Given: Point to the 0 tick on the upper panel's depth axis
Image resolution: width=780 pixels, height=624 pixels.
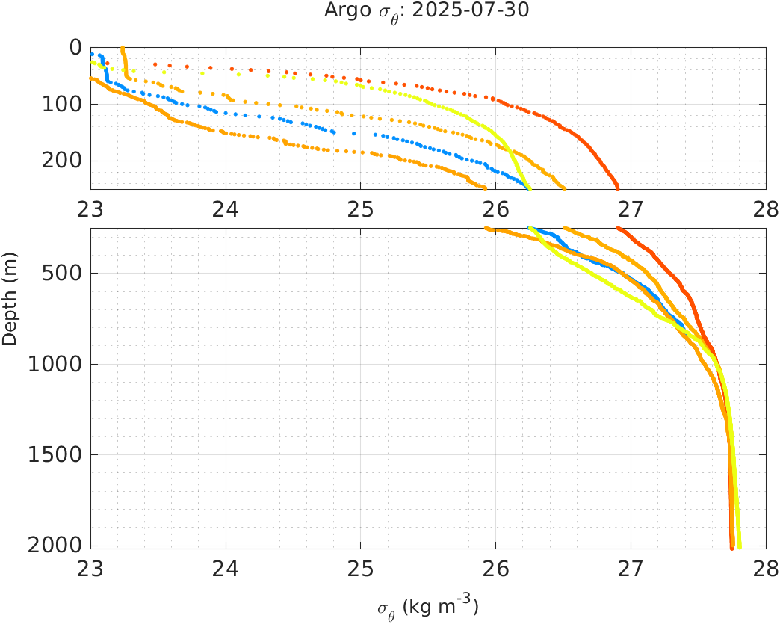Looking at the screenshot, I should pyautogui.click(x=75, y=47).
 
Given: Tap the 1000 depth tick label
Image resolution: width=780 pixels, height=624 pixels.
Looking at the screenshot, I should pyautogui.click(x=60, y=365).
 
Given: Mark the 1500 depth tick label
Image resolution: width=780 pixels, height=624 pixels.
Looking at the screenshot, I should pyautogui.click(x=60, y=455).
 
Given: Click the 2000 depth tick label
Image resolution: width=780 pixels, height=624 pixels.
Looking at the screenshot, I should pyautogui.click(x=60, y=545).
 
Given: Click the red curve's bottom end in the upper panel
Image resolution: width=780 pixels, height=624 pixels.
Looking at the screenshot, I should pyautogui.click(x=617, y=188).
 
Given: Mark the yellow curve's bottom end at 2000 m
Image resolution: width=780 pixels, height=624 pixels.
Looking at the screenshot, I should pyautogui.click(x=739, y=547).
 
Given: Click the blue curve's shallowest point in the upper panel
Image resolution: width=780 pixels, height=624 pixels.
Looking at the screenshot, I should pyautogui.click(x=91, y=55).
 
